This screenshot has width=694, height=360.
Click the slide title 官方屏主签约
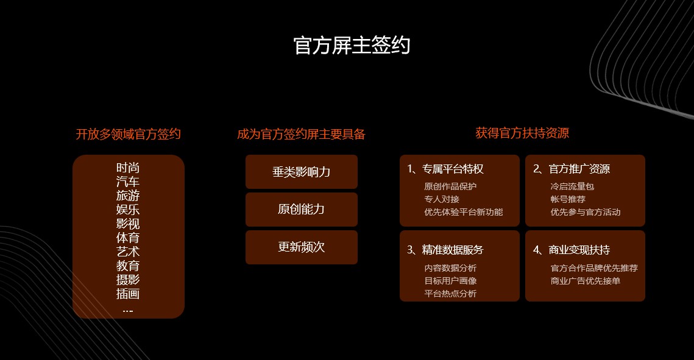[352, 46]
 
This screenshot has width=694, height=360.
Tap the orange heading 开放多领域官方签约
[129, 134]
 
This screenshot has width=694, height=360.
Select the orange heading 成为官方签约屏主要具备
[302, 134]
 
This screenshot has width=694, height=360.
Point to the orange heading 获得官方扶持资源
[522, 133]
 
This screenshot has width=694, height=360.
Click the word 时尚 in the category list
[128, 168]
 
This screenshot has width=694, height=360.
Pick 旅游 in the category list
[128, 196]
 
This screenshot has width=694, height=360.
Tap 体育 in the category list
[128, 238]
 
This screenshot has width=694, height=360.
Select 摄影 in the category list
[128, 280]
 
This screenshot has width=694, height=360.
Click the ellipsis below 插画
[128, 311]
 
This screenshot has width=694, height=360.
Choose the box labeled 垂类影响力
[302, 172]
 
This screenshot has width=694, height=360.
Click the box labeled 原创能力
[302, 209]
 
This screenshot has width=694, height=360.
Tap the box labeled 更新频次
[302, 247]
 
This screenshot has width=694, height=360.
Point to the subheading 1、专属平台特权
[445, 169]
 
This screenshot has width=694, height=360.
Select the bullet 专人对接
[442, 199]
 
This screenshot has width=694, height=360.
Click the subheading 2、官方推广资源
[572, 169]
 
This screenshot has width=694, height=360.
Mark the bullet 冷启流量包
[572, 186]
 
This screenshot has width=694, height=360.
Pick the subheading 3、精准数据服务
[445, 250]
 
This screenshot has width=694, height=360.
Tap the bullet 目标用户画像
[450, 281]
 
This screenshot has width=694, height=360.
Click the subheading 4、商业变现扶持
[572, 250]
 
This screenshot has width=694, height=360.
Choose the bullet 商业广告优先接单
[585, 281]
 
